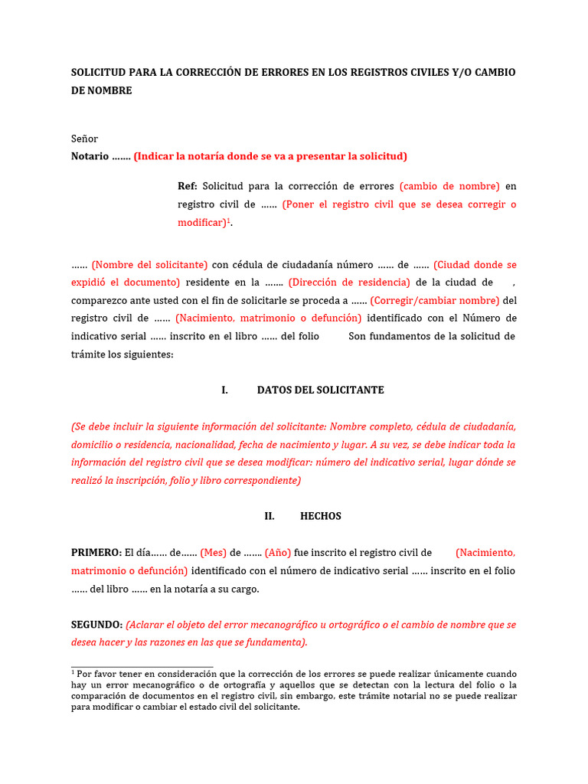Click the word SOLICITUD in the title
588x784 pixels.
tap(100, 72)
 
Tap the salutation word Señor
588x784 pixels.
tap(84, 139)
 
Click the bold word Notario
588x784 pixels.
tap(90, 156)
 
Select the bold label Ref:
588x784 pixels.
tap(188, 186)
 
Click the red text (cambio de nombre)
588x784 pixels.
tap(449, 186)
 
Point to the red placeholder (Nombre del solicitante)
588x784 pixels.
tap(149, 265)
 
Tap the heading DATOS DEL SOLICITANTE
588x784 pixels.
tap(320, 390)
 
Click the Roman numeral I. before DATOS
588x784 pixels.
tap(224, 390)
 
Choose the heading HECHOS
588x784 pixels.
tap(321, 516)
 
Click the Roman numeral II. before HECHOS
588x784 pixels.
tap(269, 516)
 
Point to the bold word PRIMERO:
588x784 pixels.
tap(96, 553)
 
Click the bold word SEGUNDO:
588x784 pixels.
tap(96, 625)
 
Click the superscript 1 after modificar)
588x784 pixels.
tap(230, 220)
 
